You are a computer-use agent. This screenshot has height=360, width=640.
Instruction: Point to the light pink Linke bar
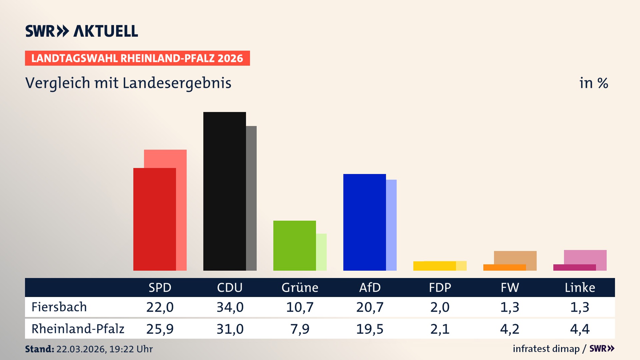pos(585,257)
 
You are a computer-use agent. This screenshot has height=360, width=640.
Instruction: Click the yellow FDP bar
pos(434,266)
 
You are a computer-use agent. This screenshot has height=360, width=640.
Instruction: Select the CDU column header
pos(230,288)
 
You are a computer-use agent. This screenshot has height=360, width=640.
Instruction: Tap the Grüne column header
pos(300,288)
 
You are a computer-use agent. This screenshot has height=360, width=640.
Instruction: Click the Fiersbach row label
pos(59,307)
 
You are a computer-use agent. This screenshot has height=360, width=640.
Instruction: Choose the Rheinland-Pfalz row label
pos(78,329)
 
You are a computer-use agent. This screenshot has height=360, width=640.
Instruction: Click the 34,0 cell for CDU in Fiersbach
pos(230,307)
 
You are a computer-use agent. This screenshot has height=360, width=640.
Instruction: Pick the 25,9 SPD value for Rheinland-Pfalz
pos(160,329)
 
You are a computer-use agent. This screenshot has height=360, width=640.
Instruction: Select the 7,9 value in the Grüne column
pos(300,329)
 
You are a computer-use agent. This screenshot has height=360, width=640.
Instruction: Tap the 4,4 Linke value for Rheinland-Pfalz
pos(580,329)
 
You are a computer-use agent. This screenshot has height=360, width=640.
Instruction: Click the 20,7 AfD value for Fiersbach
pos(370,307)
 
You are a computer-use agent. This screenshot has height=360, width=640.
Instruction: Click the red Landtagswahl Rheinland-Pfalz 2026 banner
pos(137,58)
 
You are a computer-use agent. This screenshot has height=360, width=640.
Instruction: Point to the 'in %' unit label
pos(593,83)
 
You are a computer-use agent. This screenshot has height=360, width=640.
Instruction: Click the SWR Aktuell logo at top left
pos(82,31)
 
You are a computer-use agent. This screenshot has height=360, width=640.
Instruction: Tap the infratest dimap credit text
pos(546,349)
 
